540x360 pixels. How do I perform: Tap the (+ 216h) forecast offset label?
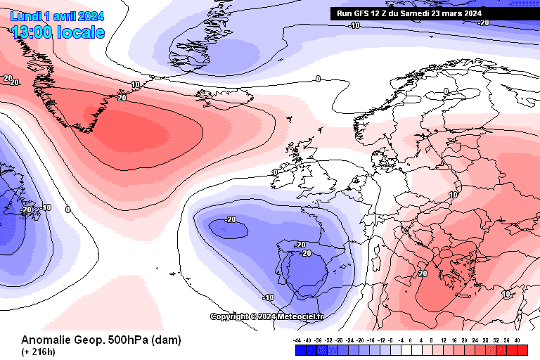[x=39, y=351]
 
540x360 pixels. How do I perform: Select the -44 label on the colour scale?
[x=297, y=340]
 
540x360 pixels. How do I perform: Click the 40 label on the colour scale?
[x=517, y=340]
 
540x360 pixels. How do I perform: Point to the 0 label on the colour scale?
[x=411, y=340]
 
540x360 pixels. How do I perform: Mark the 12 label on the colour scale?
[x=443, y=340]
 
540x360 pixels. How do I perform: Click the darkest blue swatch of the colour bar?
[x=298, y=349]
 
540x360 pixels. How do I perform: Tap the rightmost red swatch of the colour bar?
[x=522, y=349]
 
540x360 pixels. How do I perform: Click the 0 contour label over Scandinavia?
[x=446, y=91]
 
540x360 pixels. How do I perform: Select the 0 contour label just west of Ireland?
[x=275, y=172]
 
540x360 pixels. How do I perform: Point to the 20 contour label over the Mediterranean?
[x=423, y=273]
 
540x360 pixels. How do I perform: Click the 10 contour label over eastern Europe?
[x=454, y=195]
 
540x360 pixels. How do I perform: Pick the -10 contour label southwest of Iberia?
[x=268, y=297]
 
